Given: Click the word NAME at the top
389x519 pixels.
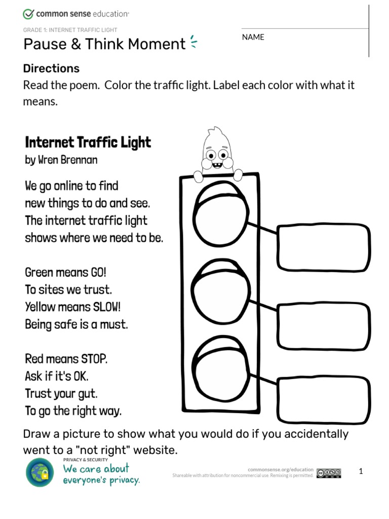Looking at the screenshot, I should [253, 37].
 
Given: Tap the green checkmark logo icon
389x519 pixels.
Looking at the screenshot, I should [29, 14].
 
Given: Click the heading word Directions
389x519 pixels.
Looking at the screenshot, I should [51, 68].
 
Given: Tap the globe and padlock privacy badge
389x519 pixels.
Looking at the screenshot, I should [40, 472].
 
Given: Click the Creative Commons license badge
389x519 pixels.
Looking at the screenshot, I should [329, 473].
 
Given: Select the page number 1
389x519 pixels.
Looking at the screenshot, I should [361, 471].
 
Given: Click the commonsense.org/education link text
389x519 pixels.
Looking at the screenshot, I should [281, 469].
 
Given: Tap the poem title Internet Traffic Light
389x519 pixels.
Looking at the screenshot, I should [88, 142].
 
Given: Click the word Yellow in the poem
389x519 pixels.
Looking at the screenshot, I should [41, 307].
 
